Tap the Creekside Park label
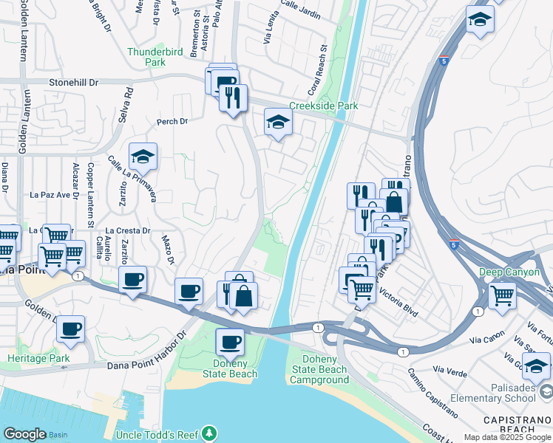coord(324,106)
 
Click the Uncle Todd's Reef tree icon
coord(211,433)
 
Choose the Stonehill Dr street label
coord(73,83)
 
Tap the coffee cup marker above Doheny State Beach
coord(229,342)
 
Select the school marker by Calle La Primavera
coord(143,156)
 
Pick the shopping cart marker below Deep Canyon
coord(503,295)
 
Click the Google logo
coord(24,434)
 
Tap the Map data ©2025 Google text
coord(506,437)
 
